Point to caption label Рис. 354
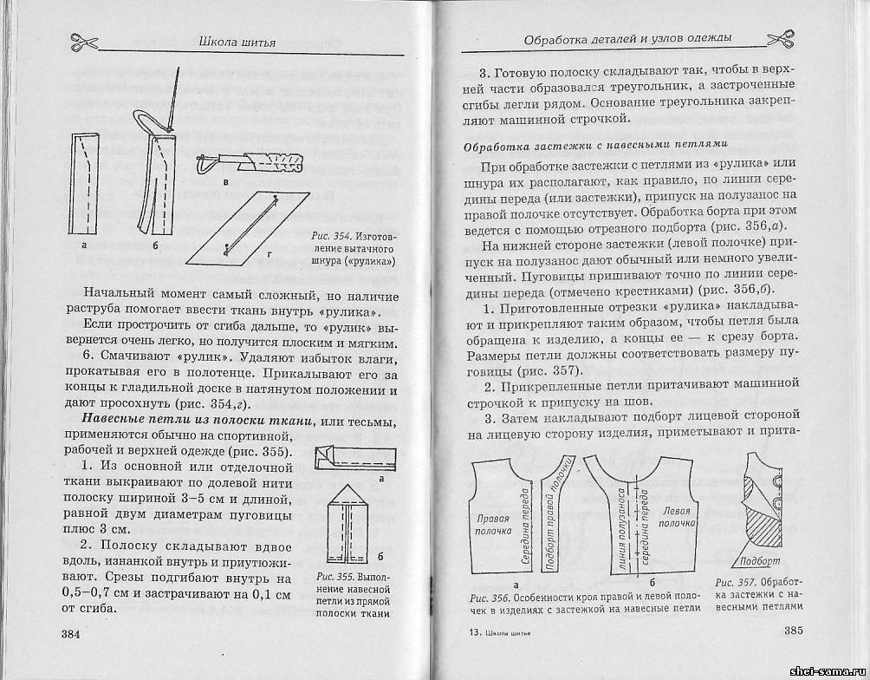[327, 236]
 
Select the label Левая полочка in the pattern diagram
[676, 517]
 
